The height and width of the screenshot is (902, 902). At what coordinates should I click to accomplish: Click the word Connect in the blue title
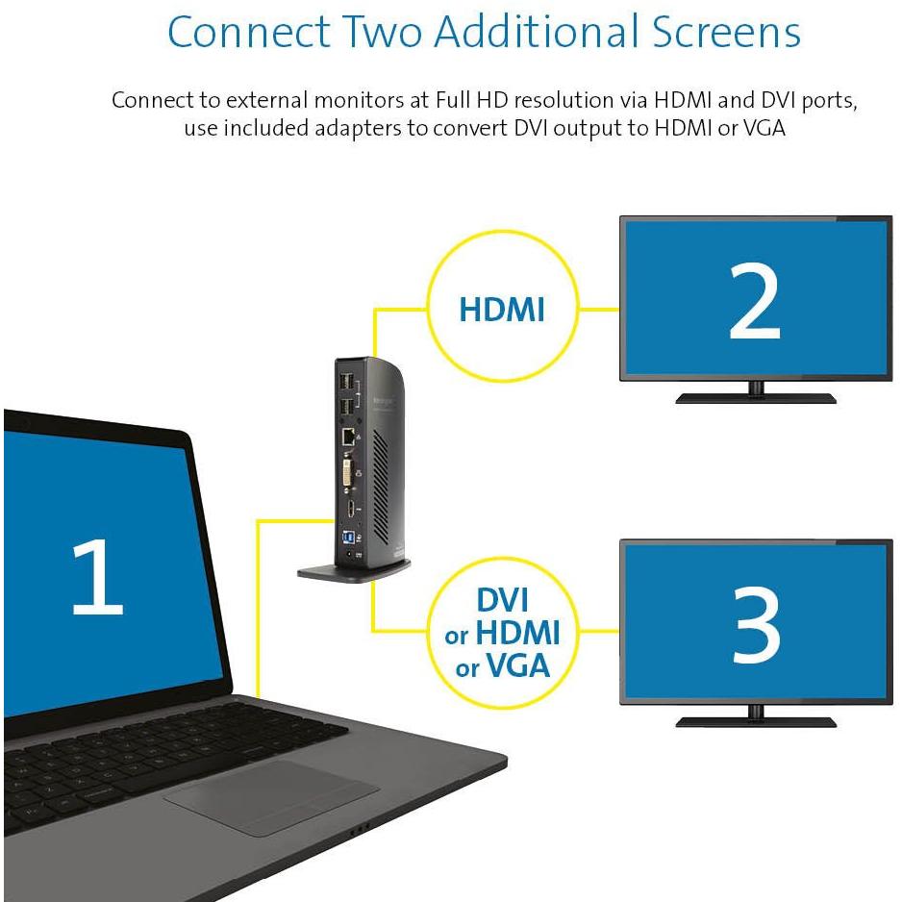point(248,32)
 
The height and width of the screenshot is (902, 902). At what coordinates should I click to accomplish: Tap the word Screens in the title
point(726,32)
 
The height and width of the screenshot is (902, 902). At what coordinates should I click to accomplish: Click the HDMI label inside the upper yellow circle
point(502,310)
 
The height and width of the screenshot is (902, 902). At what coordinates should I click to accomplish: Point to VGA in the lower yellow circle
point(518,666)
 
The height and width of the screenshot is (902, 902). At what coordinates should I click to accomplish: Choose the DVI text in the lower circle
point(502,600)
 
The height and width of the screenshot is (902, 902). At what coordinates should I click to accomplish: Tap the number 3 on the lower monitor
point(756,625)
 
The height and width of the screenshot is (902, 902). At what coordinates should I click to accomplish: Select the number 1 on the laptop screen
point(97,576)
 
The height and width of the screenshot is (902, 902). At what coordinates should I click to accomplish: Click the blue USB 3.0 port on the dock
point(348,538)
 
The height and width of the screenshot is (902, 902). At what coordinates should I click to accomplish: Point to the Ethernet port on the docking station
point(349,437)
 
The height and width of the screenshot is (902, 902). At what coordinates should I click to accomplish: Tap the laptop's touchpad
point(271,797)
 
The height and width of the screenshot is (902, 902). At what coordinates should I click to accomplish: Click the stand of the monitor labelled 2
point(756,393)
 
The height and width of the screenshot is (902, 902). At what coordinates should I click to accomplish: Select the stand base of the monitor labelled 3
point(756,721)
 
